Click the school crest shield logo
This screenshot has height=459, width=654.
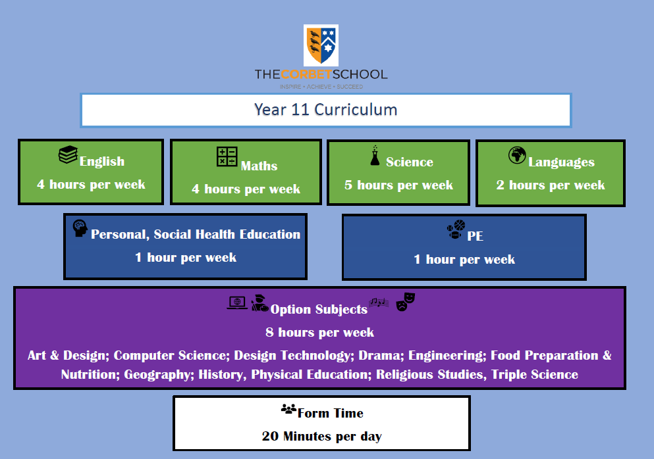(x=321, y=45)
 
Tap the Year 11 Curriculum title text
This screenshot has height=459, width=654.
(x=326, y=110)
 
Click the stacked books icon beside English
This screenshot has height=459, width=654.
(x=68, y=155)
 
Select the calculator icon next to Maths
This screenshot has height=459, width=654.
(x=227, y=157)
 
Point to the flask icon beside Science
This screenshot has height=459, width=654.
(x=375, y=155)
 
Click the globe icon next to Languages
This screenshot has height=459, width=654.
(x=517, y=155)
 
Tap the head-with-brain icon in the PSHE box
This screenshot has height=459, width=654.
(x=80, y=228)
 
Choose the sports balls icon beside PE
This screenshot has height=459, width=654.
(x=456, y=229)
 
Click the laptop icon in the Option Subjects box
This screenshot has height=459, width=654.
(x=237, y=302)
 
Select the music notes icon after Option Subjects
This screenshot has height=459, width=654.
(x=379, y=302)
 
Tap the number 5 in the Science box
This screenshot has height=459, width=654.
(x=348, y=185)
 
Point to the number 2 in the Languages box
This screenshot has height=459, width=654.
(x=500, y=185)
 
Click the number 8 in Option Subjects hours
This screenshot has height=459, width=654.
(x=269, y=332)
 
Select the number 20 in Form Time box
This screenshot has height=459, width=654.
(x=270, y=436)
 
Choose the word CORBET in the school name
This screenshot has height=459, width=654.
(x=306, y=74)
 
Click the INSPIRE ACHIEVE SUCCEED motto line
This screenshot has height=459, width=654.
(x=321, y=87)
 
